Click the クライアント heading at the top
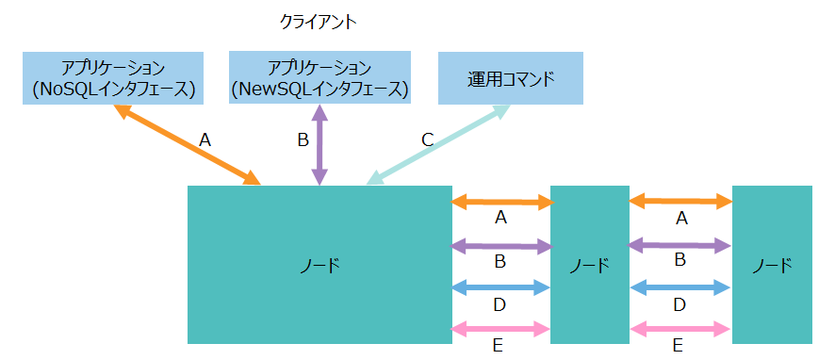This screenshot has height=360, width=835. (x=319, y=21)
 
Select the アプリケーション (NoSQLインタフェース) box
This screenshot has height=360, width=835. (x=113, y=78)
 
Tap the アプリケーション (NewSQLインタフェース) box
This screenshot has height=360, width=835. (x=319, y=78)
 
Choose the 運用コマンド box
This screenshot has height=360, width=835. (x=512, y=78)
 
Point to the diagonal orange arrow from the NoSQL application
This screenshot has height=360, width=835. (x=187, y=144)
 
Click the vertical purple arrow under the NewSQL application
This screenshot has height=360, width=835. (x=319, y=144)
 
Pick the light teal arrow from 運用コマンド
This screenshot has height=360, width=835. (x=438, y=144)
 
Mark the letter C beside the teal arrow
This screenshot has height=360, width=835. (x=427, y=140)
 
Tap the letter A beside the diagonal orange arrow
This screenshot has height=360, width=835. (x=205, y=140)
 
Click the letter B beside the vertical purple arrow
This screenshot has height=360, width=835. (x=303, y=140)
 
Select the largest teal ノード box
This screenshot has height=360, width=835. (x=319, y=265)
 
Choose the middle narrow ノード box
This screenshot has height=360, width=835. (x=589, y=265)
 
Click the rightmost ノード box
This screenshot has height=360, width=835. (x=771, y=265)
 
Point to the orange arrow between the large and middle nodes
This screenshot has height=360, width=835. (x=500, y=202)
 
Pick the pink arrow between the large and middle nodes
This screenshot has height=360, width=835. (x=500, y=329)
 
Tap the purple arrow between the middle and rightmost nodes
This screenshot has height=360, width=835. (x=679, y=245)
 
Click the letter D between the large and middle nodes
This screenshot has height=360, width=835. (x=500, y=304)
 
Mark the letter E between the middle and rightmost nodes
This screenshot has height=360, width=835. (x=678, y=346)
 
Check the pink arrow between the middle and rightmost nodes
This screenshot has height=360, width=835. (x=679, y=329)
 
